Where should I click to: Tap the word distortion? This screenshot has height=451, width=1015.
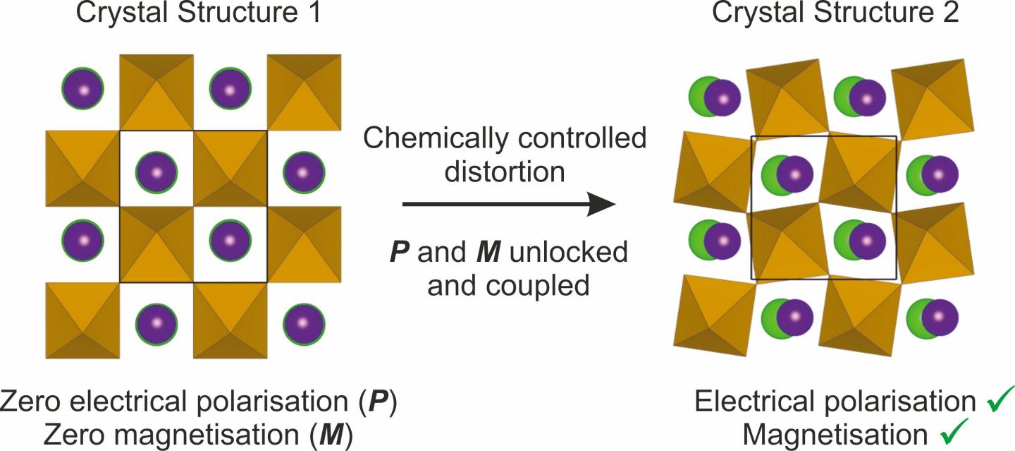click(x=505, y=172)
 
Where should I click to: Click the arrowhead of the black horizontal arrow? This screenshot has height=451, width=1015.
click(x=602, y=204)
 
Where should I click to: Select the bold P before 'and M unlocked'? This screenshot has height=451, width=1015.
click(x=400, y=252)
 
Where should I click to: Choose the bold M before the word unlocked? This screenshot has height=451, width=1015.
click(x=488, y=252)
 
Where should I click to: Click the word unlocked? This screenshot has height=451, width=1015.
click(x=569, y=252)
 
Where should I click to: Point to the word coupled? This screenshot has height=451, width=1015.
click(x=538, y=287)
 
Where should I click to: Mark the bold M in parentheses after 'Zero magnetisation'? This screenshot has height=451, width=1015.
click(x=332, y=435)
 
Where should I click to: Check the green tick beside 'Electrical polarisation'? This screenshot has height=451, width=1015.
click(x=1000, y=401)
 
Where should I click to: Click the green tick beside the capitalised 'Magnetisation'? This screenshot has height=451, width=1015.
click(x=954, y=432)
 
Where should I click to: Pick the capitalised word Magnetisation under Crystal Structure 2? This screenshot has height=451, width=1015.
click(x=835, y=435)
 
